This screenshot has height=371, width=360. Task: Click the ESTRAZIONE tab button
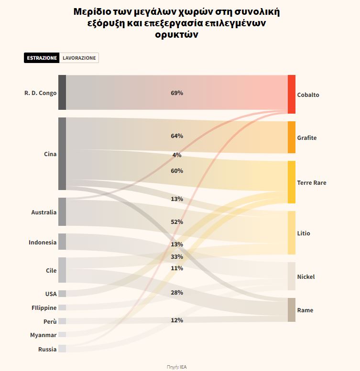coord(42,58)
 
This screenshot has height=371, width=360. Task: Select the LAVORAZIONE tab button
coord(79,58)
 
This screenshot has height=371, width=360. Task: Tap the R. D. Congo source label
coord(41,93)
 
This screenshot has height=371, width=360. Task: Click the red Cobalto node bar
coord(292,94)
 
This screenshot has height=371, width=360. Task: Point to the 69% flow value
coord(177,93)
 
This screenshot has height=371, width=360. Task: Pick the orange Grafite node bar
coord(292,137)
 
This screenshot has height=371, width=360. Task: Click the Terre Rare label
coord(312,183)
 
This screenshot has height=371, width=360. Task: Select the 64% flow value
coord(177,136)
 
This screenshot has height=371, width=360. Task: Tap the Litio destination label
coord(304,233)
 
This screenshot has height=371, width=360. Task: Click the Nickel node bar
coord(292,276)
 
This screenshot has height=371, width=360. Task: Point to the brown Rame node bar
coord(292,310)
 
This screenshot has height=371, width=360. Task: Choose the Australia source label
coord(44,212)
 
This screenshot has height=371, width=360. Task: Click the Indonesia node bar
coord(62,242)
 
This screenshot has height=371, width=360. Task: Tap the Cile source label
coord(51,271)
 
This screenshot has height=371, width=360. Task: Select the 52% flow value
coord(177,222)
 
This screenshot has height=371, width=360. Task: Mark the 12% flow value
coord(177,320)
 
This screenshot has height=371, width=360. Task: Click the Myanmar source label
coord(43,335)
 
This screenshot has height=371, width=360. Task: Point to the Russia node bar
coord(62,349)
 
